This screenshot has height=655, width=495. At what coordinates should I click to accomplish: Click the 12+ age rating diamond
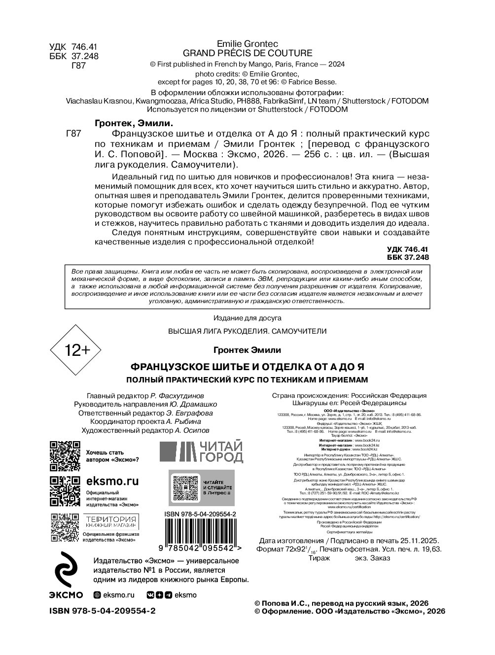pyautogui.click(x=75, y=350)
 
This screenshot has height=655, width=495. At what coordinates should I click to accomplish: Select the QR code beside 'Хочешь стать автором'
pyautogui.click(x=65, y=456)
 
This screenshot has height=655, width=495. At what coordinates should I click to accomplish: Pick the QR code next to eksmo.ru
pyautogui.click(x=65, y=491)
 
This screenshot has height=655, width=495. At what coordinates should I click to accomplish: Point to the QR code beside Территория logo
pyautogui.click(x=65, y=527)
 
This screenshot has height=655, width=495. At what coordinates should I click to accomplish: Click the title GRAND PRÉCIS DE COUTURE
pyautogui.click(x=247, y=53)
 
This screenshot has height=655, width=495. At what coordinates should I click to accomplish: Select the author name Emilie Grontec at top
pyautogui.click(x=247, y=44)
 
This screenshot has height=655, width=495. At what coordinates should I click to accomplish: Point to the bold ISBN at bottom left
pyautogui.click(x=103, y=611)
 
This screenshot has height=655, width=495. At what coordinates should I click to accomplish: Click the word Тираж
pyautogui.click(x=319, y=558)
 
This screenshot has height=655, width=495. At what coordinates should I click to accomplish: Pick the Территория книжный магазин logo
pyautogui.click(x=111, y=522)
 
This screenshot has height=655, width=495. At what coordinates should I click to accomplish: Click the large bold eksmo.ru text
pyautogui.click(x=112, y=481)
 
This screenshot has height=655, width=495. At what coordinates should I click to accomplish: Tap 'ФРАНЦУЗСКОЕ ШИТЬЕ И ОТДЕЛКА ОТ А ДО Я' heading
pyautogui.click(x=247, y=368)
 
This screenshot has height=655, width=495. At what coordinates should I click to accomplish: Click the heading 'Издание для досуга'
pyautogui.click(x=247, y=318)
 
